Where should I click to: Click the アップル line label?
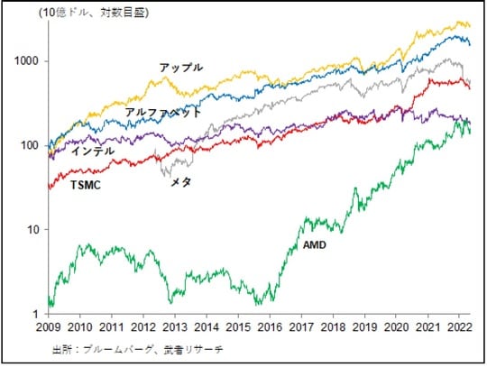click(181, 68)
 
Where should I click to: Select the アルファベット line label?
click(163, 113)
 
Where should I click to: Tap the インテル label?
click(93, 151)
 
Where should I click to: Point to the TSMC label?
click(86, 185)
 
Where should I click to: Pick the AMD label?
click(312, 245)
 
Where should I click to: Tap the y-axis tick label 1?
click(37, 314)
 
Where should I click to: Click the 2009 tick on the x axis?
click(50, 328)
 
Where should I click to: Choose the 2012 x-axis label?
click(143, 328)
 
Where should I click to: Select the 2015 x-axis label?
click(237, 328)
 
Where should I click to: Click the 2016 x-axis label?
click(269, 328)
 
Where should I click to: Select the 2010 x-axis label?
click(81, 328)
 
